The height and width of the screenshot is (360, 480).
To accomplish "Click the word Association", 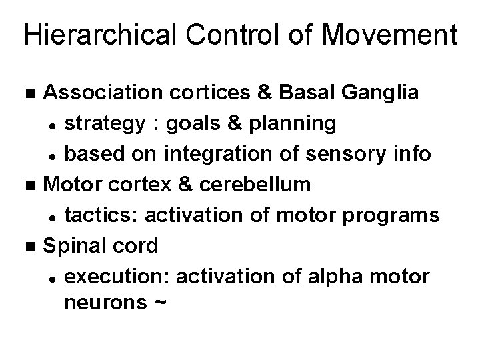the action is tap(96, 93).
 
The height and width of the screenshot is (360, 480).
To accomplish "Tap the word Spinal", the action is tap(73, 245).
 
